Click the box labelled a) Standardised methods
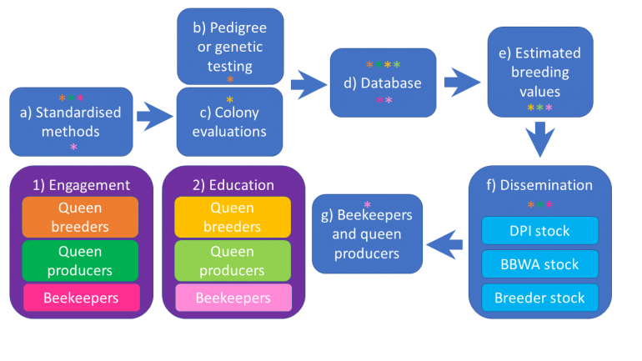pyautogui.click(x=71, y=122)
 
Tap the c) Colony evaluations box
pyautogui.click(x=230, y=123)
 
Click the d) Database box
pyautogui.click(x=383, y=83)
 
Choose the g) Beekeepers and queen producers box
pyautogui.click(x=368, y=233)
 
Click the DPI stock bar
pyautogui.click(x=539, y=231)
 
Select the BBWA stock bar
pyautogui.click(x=539, y=264)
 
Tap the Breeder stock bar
pyautogui.click(x=539, y=297)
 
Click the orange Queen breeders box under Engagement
pyautogui.click(x=81, y=218)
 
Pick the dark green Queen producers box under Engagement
pyautogui.click(x=81, y=260)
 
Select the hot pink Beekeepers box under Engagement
pyautogui.click(x=81, y=298)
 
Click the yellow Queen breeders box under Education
pyautogui.click(x=233, y=218)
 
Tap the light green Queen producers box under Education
pyautogui.click(x=233, y=260)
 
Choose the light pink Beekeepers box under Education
pyautogui.click(x=233, y=298)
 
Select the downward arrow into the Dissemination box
pyautogui.click(x=540, y=138)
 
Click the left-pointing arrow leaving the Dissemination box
pyautogui.click(x=446, y=244)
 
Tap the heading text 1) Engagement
pyautogui.click(x=81, y=185)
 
